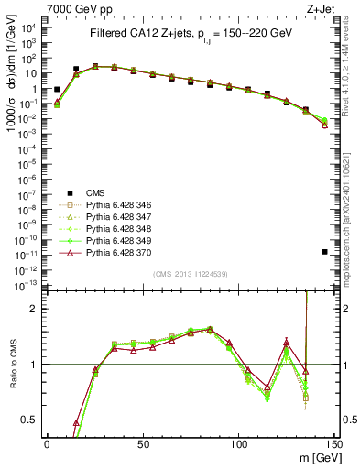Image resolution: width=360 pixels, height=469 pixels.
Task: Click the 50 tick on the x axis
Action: click(x=143, y=443)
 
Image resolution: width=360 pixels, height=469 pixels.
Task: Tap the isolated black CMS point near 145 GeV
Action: click(x=325, y=251)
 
